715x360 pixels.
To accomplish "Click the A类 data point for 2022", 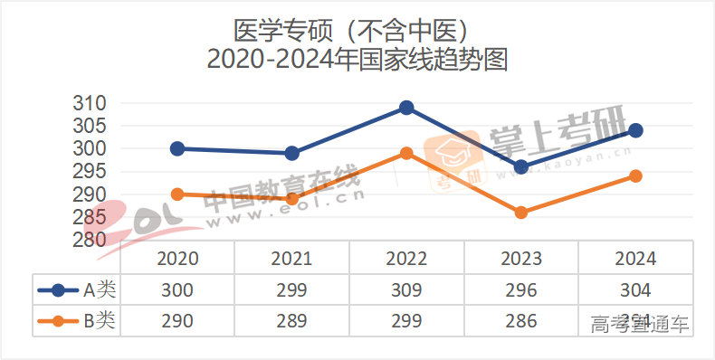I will pyautogui.click(x=406, y=108).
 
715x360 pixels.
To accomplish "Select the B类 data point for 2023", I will pyautogui.click(x=520, y=213).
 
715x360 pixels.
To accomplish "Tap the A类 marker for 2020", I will pyautogui.click(x=177, y=148).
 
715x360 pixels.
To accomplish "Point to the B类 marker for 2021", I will pyautogui.click(x=291, y=199).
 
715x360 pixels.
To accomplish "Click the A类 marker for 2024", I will pyautogui.click(x=635, y=130).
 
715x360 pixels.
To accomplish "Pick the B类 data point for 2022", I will pyautogui.click(x=406, y=153).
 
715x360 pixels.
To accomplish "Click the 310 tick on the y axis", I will pyautogui.click(x=90, y=103).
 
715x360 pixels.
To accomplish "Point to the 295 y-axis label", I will pyautogui.click(x=90, y=172).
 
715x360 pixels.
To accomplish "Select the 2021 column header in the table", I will pyautogui.click(x=291, y=259).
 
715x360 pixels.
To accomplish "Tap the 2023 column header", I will pyautogui.click(x=520, y=259).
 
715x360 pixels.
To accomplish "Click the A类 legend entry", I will pyautogui.click(x=77, y=290).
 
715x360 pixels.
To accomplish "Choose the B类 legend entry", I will pyautogui.click(x=77, y=320).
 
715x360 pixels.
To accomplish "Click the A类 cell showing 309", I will pyautogui.click(x=406, y=290).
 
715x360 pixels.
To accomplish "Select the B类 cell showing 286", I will pyautogui.click(x=520, y=320).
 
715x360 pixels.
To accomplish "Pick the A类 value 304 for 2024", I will pyautogui.click(x=635, y=290).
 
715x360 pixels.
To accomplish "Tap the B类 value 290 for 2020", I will pyautogui.click(x=177, y=320).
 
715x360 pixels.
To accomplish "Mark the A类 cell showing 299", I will pyautogui.click(x=291, y=290).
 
